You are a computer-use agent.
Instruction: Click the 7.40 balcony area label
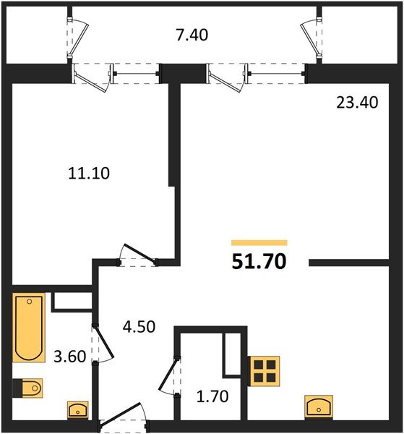192,34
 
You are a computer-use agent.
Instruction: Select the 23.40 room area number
356,103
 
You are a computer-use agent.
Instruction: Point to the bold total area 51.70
259,261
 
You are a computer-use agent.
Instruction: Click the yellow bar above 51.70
259,243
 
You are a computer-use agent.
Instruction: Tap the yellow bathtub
30,328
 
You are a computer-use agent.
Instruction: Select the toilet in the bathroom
30,388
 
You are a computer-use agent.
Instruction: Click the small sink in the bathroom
77,410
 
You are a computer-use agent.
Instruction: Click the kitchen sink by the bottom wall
319,407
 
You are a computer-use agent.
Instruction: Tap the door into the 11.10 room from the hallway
137,254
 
